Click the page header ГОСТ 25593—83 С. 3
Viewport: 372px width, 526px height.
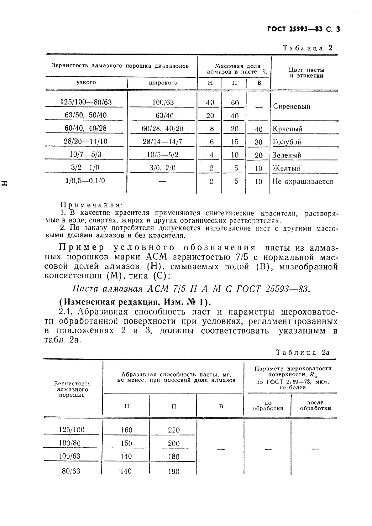coord(303,29)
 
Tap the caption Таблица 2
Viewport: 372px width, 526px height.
coord(307,48)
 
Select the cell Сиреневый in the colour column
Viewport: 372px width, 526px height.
coord(291,106)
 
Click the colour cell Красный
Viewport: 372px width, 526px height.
coord(287,129)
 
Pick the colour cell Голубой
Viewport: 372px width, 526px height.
coord(287,142)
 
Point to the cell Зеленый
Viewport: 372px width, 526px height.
coord(287,155)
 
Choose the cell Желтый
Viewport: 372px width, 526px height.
coord(286,168)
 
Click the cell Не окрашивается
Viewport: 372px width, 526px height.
coord(302,181)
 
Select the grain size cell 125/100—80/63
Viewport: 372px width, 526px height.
coord(86,102)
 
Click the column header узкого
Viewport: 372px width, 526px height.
coord(86,82)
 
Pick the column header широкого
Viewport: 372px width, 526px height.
coord(163,83)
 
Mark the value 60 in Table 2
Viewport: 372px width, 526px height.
coord(235,103)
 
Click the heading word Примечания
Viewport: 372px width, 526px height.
coord(91,205)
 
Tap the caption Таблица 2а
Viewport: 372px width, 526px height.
coord(302,352)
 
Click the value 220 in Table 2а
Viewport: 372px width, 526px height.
coord(174,430)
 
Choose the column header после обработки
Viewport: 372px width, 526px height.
coord(315,405)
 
